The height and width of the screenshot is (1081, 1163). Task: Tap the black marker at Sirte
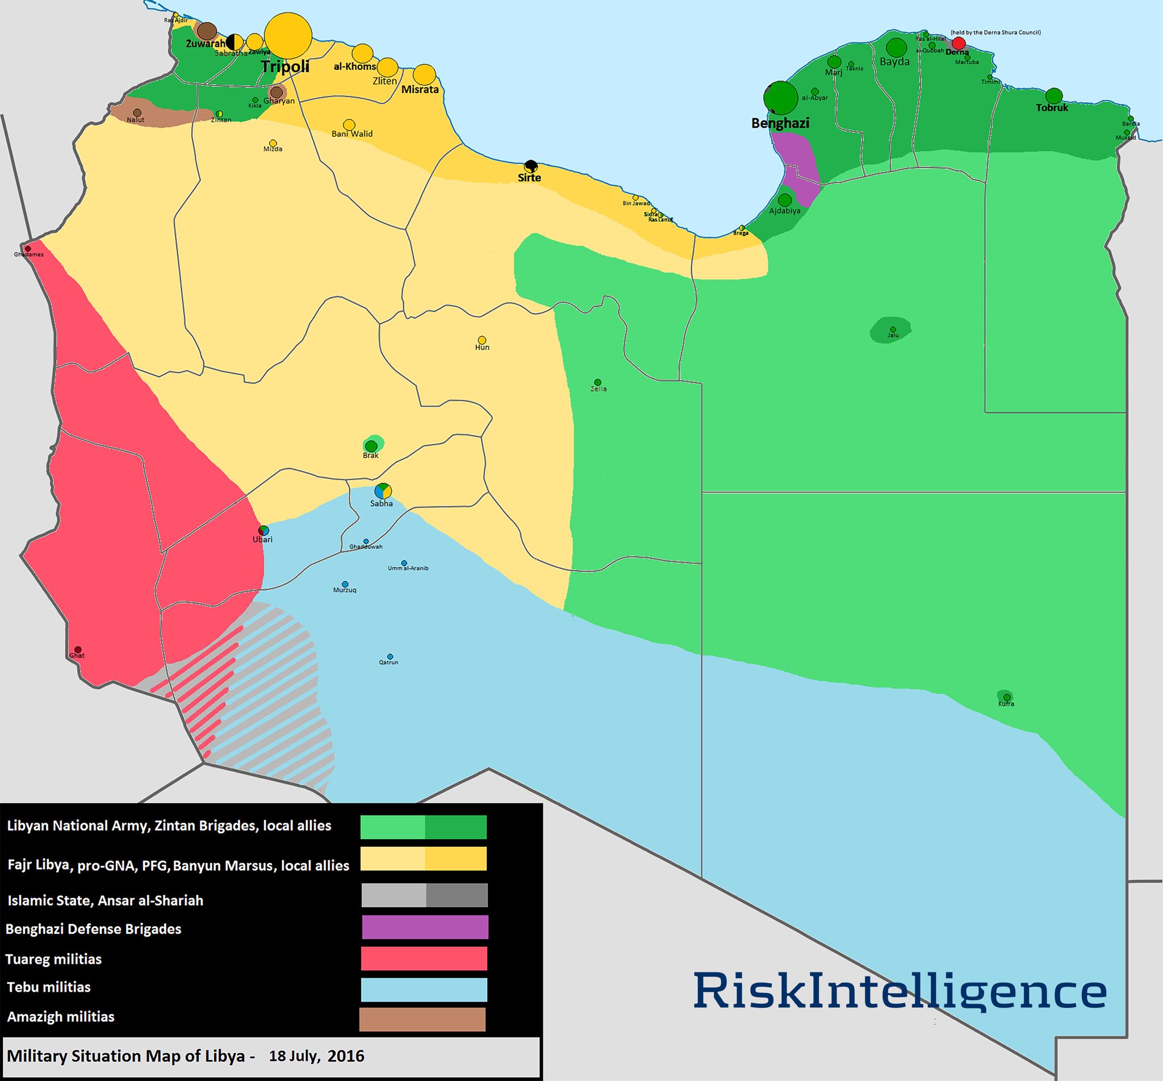click(x=530, y=166)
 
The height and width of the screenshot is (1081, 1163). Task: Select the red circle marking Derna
click(x=958, y=43)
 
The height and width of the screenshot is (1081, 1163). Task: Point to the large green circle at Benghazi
click(x=781, y=98)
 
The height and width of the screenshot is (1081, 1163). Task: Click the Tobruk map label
click(x=1052, y=108)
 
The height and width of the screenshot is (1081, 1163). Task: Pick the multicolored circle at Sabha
click(x=383, y=491)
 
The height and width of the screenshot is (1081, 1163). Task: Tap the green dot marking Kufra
click(x=1006, y=697)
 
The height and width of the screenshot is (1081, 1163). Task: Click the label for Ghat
click(x=77, y=656)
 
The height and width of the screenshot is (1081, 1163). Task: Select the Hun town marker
click(x=482, y=340)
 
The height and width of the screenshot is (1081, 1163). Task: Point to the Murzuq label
click(x=345, y=590)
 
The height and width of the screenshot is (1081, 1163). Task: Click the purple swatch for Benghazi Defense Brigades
click(x=425, y=927)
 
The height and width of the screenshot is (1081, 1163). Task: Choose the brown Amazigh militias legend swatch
click(x=422, y=1019)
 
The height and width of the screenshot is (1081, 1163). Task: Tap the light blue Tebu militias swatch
click(x=424, y=990)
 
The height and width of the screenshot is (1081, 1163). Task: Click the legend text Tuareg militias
click(x=54, y=960)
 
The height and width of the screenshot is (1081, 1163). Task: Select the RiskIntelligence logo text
click(x=900, y=991)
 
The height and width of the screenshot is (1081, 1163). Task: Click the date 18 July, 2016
click(x=316, y=1056)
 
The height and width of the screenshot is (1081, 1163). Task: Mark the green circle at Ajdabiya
click(x=784, y=200)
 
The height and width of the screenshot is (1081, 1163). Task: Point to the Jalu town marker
click(x=893, y=329)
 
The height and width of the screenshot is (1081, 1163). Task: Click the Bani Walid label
click(x=352, y=134)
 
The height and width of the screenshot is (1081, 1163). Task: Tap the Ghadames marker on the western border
click(x=27, y=249)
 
